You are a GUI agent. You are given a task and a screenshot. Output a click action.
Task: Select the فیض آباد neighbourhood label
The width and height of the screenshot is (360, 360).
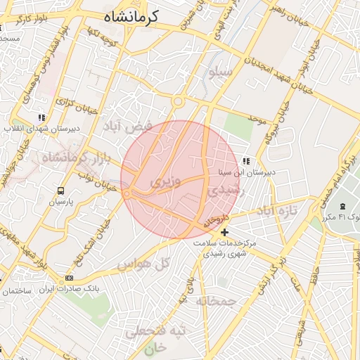click(127, 127)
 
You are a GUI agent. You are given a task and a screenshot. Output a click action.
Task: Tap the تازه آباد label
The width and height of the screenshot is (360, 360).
click(276, 210)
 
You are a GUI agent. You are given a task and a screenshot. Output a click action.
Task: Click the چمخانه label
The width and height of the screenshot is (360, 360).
click(217, 301)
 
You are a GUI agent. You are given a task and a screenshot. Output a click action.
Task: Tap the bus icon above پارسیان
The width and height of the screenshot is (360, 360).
click(60, 191)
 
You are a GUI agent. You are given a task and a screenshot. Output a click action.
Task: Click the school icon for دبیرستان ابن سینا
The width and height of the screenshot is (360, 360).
click(245, 161)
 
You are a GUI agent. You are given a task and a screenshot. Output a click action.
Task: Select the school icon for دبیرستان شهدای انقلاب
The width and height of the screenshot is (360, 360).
click(42, 117)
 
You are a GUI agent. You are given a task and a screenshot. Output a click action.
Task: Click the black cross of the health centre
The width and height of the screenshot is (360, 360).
click(225, 232)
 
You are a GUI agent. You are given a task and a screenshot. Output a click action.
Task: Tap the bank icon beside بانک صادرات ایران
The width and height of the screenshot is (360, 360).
click(69, 278)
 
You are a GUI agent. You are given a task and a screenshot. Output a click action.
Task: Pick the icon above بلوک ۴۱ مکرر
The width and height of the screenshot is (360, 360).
click(342, 207)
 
